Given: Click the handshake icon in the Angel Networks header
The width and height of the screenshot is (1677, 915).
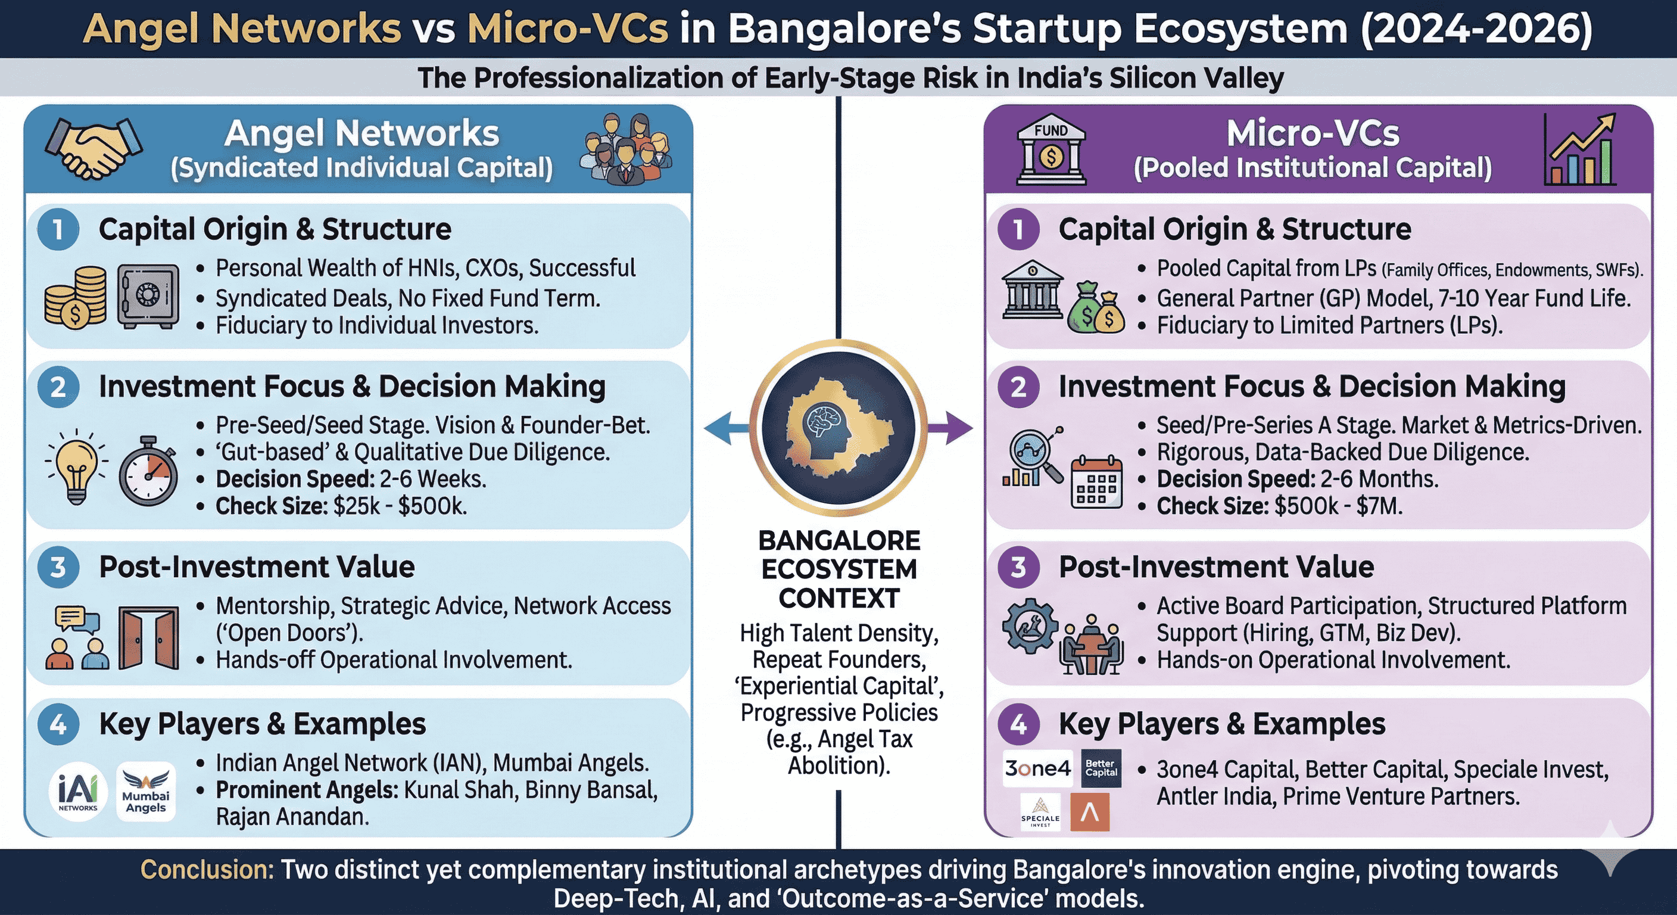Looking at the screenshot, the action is click(x=93, y=148).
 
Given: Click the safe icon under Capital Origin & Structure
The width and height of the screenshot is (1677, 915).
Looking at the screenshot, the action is click(x=148, y=296).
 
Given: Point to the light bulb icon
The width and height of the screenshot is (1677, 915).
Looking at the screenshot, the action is click(x=77, y=466).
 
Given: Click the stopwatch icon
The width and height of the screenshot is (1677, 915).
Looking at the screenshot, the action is click(x=149, y=471).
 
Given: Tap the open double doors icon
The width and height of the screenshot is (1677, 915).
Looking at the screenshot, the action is click(x=148, y=638).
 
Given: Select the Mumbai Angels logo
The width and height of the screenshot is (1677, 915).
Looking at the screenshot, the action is click(x=146, y=791).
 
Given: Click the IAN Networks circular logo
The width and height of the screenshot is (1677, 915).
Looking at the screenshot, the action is click(x=78, y=791).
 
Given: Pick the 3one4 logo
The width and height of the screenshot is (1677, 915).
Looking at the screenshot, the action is click(x=1038, y=768).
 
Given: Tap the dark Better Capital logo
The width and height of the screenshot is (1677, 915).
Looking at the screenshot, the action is click(x=1101, y=768).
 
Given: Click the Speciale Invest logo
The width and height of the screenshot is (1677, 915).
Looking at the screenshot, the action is click(x=1040, y=812).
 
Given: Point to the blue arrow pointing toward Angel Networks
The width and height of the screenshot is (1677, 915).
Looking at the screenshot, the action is click(x=727, y=428).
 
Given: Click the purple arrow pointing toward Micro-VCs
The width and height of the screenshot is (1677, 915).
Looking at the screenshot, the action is click(x=950, y=428).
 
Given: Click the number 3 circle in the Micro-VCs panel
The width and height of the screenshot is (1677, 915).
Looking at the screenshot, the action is click(x=1019, y=567).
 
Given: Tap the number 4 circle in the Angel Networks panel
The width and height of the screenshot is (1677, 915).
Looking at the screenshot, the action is click(x=58, y=724).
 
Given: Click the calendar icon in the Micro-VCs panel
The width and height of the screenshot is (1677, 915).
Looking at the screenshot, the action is click(x=1097, y=483).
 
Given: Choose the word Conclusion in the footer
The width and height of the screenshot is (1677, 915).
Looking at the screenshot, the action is click(x=207, y=870).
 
